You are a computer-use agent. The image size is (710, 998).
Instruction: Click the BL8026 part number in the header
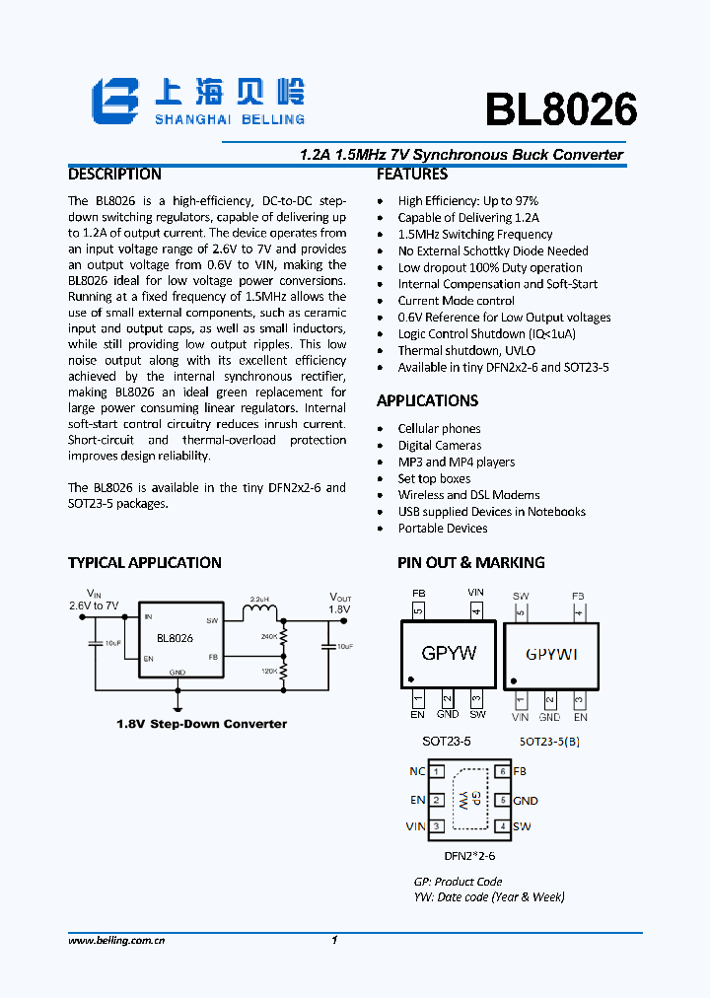click(x=560, y=110)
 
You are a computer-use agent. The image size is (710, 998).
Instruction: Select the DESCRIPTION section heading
click(x=114, y=175)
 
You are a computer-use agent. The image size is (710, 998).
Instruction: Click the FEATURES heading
click(x=412, y=175)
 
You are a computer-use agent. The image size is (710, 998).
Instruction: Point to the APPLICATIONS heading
click(x=427, y=400)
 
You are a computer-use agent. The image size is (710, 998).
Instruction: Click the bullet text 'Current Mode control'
click(x=456, y=301)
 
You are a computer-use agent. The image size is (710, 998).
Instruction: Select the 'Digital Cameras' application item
click(x=440, y=445)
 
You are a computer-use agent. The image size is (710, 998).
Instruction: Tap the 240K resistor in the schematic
click(x=284, y=638)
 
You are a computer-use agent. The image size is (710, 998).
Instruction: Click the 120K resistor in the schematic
click(x=284, y=673)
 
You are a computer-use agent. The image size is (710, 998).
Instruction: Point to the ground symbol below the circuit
click(x=177, y=706)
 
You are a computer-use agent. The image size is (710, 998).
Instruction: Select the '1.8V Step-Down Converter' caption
click(x=202, y=724)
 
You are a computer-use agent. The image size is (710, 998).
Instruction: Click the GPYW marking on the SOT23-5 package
click(x=449, y=653)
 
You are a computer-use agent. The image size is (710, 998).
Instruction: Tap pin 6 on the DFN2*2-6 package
click(x=501, y=772)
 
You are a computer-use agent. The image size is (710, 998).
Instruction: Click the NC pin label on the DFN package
click(x=417, y=771)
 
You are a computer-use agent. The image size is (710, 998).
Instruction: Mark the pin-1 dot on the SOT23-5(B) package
click(x=512, y=681)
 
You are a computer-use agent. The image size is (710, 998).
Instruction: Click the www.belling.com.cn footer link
click(x=116, y=941)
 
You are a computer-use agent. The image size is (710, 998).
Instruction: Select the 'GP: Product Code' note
click(x=458, y=882)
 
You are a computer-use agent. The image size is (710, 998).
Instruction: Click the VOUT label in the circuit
click(x=340, y=598)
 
